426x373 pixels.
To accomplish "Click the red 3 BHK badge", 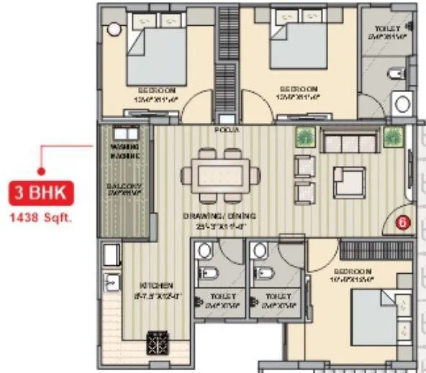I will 42,193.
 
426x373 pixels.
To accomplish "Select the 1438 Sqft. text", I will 42,215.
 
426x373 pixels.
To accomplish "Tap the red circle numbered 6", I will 402,223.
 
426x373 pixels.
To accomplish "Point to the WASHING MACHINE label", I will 124,152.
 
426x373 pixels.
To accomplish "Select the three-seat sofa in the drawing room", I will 350,142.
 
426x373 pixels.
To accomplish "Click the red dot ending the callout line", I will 42,171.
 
